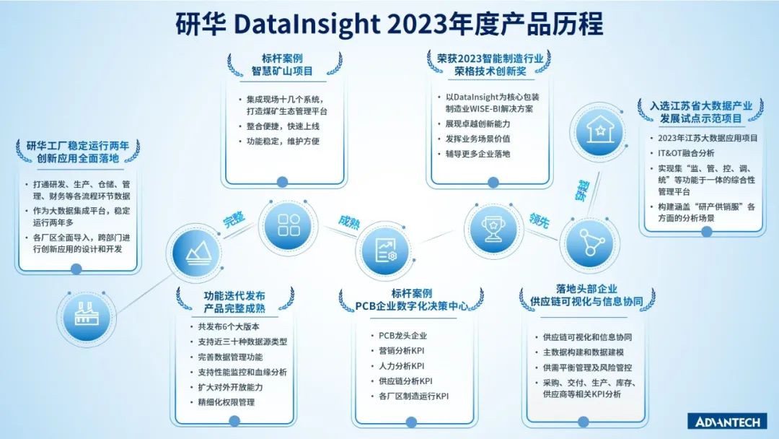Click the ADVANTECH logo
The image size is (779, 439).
pyautogui.click(x=728, y=422)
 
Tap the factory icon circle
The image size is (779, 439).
pyautogui.click(x=86, y=316)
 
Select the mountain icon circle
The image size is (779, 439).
pyautogui.click(x=197, y=253)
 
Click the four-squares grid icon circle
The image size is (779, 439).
pyautogui.click(x=288, y=225)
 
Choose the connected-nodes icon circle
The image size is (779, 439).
pyautogui.click(x=590, y=243)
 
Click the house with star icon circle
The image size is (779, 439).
pyautogui.click(x=599, y=131)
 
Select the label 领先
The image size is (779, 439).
pyautogui.click(x=540, y=219)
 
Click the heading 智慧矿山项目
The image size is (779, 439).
pyautogui.click(x=282, y=71)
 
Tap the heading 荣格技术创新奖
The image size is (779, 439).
pyautogui.click(x=490, y=71)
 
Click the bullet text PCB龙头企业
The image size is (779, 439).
pyautogui.click(x=403, y=336)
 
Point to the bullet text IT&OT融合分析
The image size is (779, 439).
pyautogui.click(x=686, y=153)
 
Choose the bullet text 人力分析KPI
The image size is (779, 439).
pyautogui.click(x=402, y=366)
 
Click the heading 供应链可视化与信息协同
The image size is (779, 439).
pyautogui.click(x=586, y=301)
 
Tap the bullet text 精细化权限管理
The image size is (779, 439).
pyautogui.click(x=226, y=402)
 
